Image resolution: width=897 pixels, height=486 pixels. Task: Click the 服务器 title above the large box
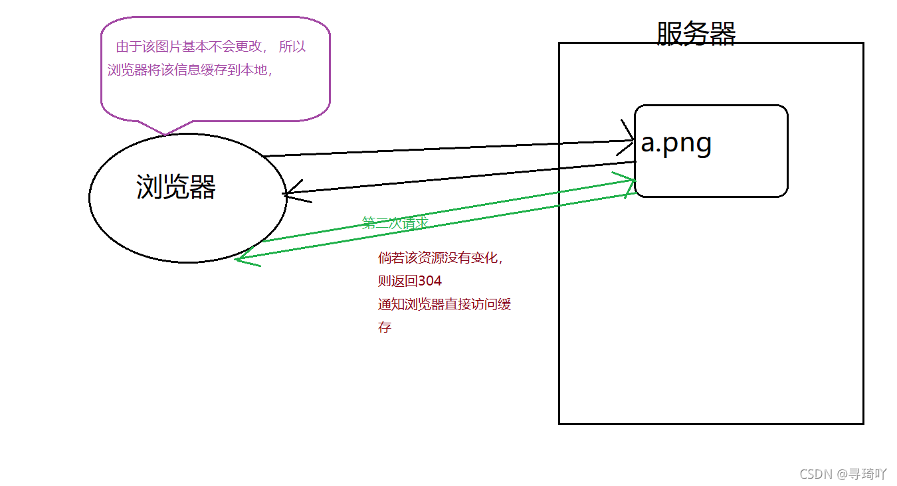point(696,33)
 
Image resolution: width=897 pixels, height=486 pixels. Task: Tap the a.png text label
point(676,143)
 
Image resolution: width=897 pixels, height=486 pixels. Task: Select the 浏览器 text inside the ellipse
point(176,187)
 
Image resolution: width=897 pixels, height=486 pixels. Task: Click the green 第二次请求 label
point(395,223)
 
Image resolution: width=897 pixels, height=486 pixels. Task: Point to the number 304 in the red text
point(430,281)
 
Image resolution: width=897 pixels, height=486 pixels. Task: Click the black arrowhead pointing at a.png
point(628,139)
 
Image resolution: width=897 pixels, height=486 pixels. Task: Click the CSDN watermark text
point(816,473)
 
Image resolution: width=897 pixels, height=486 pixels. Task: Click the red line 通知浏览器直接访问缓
point(444,305)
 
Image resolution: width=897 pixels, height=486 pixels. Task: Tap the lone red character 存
point(385,327)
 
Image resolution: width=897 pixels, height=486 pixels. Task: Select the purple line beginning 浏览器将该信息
point(190,70)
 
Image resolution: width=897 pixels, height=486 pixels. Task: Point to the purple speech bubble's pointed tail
point(165,132)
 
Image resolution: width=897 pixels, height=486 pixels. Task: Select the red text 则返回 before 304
point(398,281)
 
